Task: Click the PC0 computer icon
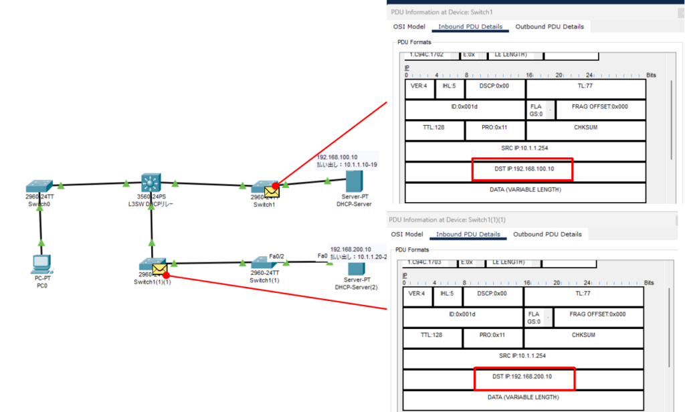click(41, 264)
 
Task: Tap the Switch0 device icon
click(39, 185)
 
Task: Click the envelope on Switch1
click(272, 192)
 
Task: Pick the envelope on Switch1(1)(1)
click(159, 269)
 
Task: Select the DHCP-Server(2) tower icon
click(353, 270)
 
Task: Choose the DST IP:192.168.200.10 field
click(523, 378)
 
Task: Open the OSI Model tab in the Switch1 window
click(408, 27)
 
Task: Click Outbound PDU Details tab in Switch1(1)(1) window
click(547, 234)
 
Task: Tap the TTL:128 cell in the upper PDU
click(434, 127)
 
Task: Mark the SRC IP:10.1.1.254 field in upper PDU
click(524, 148)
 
